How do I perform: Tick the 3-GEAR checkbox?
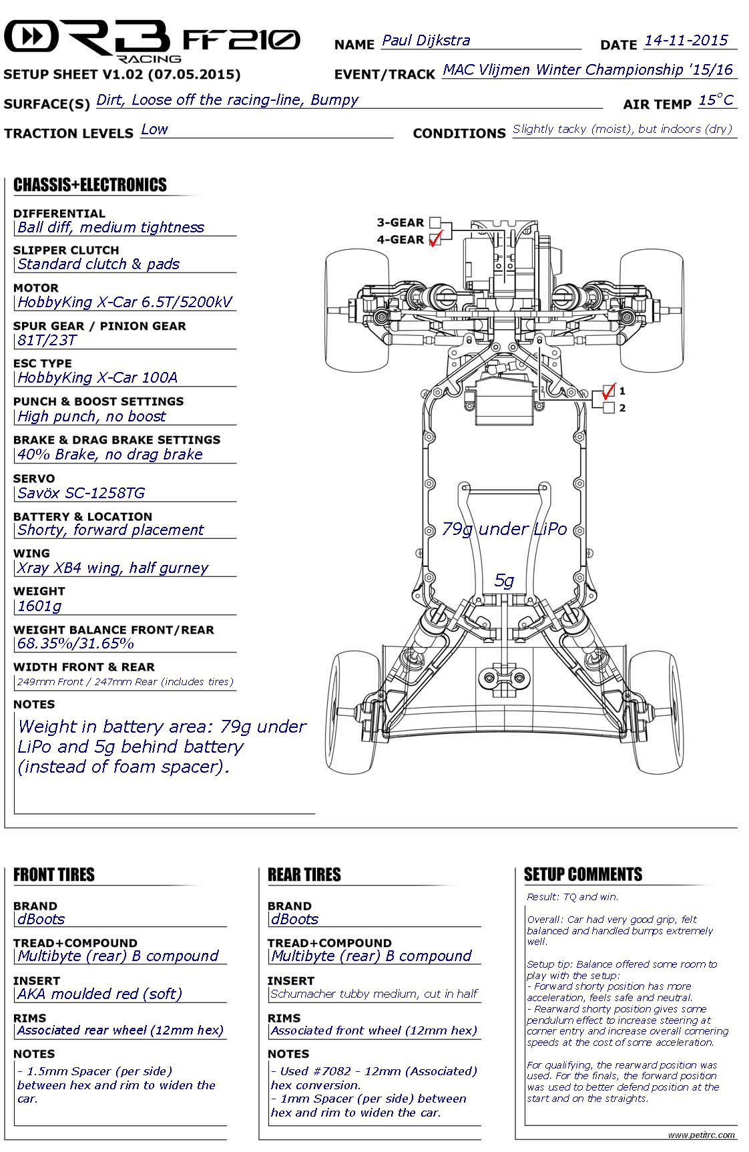click(x=435, y=222)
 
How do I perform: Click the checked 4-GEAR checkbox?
click(x=435, y=239)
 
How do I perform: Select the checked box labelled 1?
click(x=608, y=391)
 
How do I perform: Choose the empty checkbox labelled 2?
click(x=608, y=408)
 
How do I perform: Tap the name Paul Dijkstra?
click(x=426, y=41)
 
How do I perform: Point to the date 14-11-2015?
click(x=686, y=40)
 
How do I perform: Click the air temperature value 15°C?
click(x=716, y=100)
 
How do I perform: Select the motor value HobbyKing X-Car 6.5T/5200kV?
click(x=125, y=302)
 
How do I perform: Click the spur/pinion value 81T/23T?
click(x=47, y=340)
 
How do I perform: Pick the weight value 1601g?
click(x=39, y=606)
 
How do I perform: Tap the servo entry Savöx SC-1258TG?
click(x=81, y=493)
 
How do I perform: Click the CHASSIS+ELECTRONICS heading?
click(x=90, y=185)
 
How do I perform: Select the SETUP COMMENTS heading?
click(x=583, y=874)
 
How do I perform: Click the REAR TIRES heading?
click(x=304, y=875)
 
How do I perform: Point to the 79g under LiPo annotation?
click(x=505, y=529)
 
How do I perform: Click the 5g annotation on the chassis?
click(x=504, y=581)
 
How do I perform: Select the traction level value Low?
click(x=154, y=130)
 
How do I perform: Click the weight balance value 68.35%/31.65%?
click(x=75, y=644)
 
